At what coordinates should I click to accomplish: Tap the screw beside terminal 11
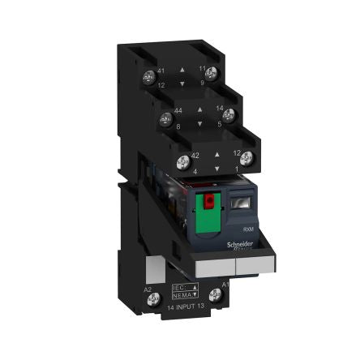[x=211, y=74]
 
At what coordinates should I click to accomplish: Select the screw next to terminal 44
[x=170, y=114]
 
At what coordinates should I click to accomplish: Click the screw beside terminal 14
[x=229, y=114]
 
